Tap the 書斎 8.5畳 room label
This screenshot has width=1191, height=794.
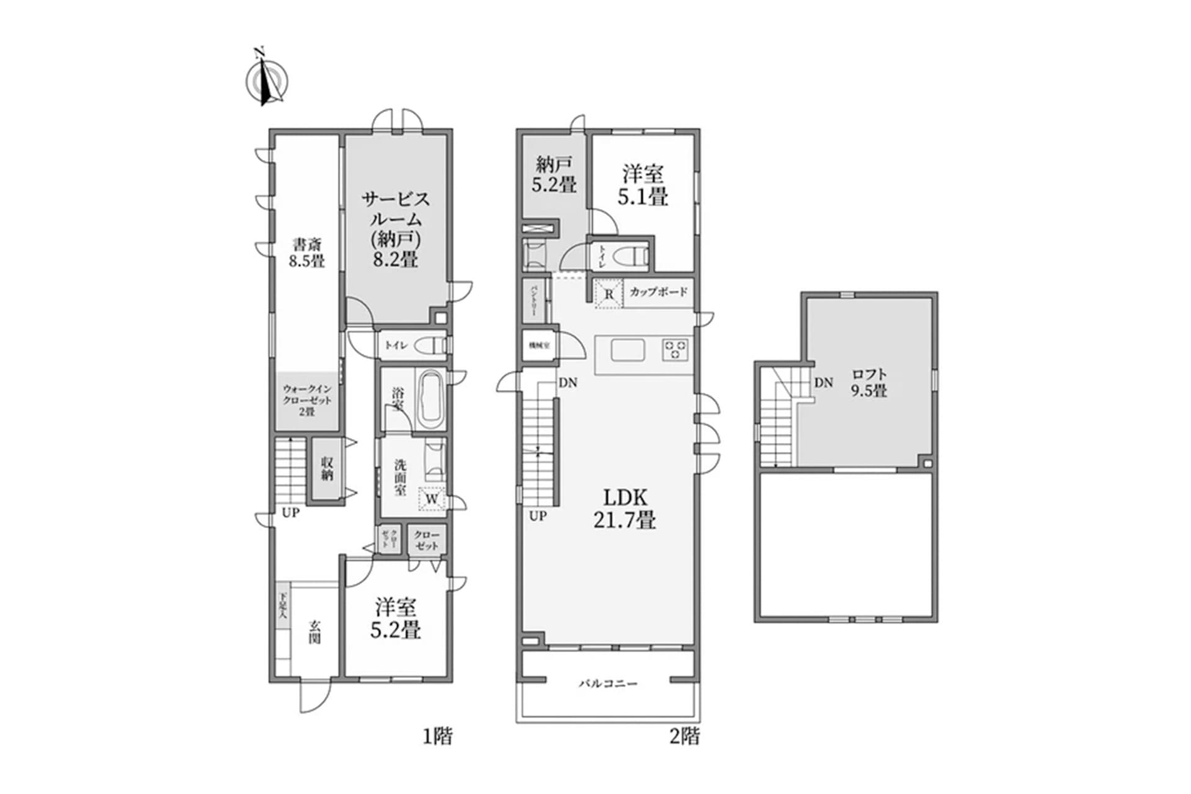306,252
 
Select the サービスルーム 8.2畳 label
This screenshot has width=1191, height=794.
395,229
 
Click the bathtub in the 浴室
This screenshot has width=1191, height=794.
429,399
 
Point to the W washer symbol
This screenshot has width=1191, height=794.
433,499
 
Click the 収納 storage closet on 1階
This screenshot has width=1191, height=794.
328,469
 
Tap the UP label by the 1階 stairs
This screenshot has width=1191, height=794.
290,513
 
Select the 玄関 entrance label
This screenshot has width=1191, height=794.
315,631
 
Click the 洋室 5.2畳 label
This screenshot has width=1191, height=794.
395,618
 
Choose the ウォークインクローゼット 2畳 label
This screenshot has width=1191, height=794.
307,400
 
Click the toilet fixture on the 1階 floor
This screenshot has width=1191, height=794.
429,345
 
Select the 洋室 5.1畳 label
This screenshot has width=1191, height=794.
643,185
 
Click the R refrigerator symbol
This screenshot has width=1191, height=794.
609,294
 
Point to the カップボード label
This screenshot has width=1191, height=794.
659,292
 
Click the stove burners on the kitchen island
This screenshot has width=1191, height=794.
675,350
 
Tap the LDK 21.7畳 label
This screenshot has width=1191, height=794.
625,508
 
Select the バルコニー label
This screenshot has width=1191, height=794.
608,684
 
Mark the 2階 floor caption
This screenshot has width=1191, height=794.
684,736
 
